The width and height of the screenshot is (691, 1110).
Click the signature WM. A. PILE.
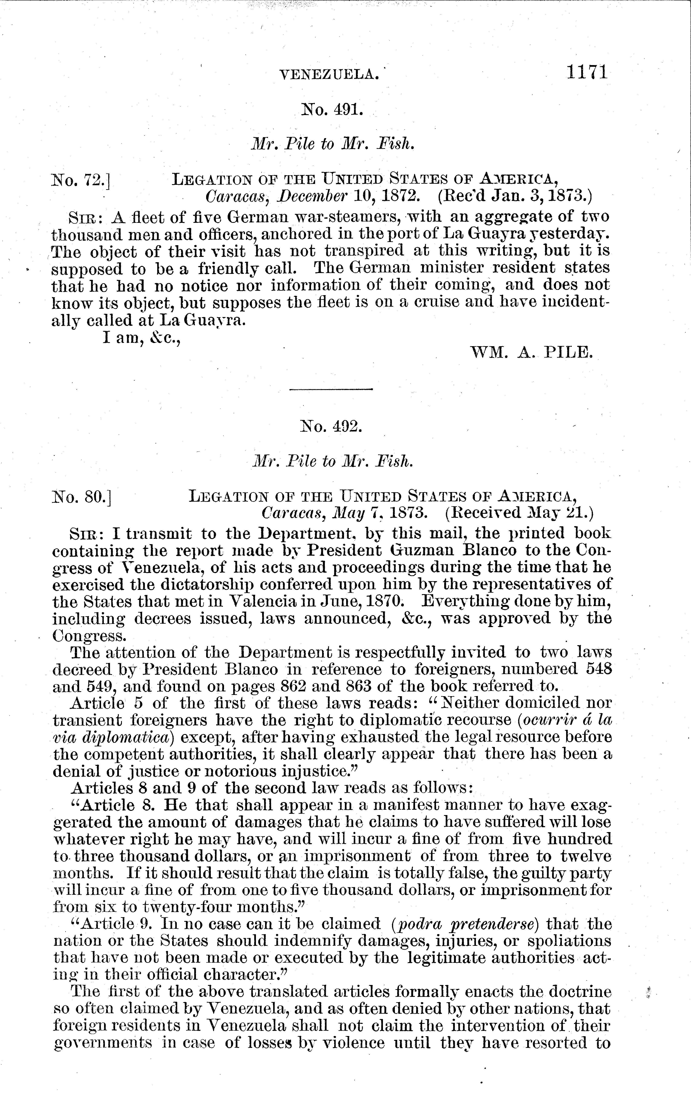coord(531,352)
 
